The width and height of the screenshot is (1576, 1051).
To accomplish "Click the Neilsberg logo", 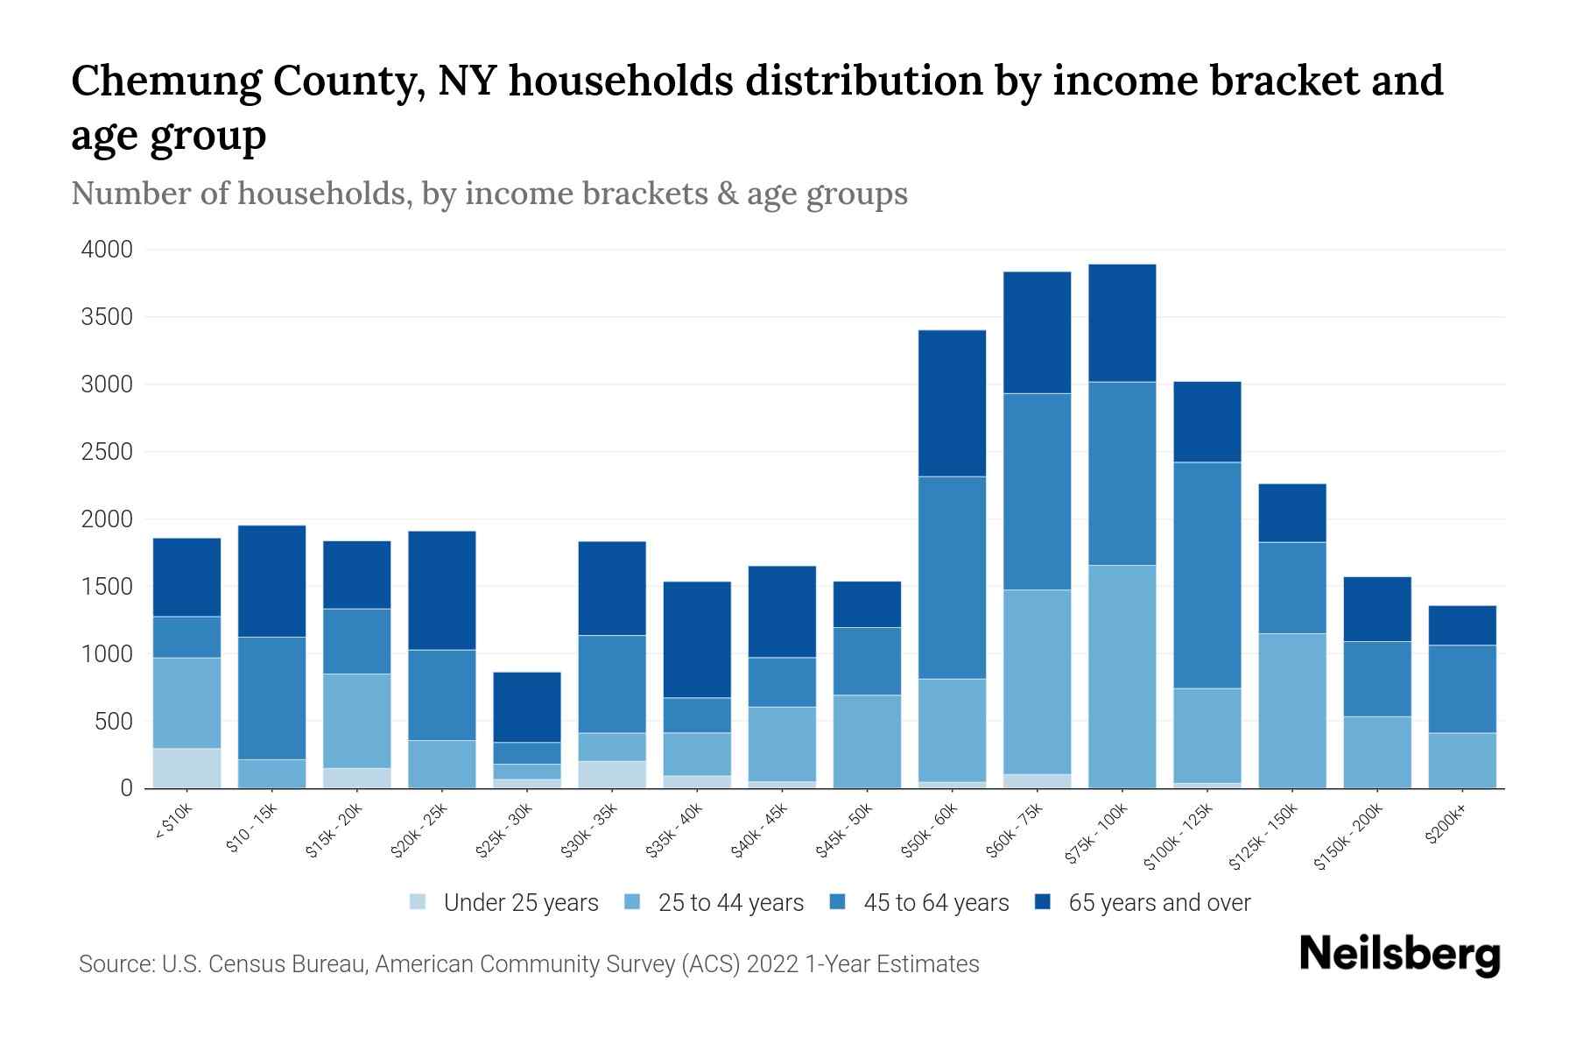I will click(1399, 954).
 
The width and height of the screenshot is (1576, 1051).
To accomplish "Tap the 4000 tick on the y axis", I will click(107, 250).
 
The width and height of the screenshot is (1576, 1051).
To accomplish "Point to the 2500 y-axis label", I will click(107, 453).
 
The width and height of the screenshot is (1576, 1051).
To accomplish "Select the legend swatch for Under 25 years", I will click(419, 902).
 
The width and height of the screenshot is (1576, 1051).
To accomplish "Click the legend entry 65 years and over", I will click(1158, 903).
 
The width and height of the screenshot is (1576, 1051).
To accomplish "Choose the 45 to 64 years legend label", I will click(935, 903).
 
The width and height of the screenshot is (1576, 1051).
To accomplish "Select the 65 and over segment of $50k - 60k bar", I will click(952, 404).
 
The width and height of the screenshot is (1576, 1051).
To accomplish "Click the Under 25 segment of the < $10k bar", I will click(186, 768).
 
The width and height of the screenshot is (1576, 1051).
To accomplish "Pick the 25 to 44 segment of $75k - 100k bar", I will click(1122, 676).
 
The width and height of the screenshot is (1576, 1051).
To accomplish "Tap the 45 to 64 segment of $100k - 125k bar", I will click(1207, 575).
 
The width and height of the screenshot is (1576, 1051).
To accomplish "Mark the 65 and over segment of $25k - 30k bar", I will click(527, 707).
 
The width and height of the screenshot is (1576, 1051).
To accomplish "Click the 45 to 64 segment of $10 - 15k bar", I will click(271, 698).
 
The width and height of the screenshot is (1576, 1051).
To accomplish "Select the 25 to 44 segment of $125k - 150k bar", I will click(1291, 710).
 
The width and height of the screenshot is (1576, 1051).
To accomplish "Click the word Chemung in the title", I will click(165, 81).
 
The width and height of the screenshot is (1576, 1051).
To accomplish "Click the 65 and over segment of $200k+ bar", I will click(1461, 625).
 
